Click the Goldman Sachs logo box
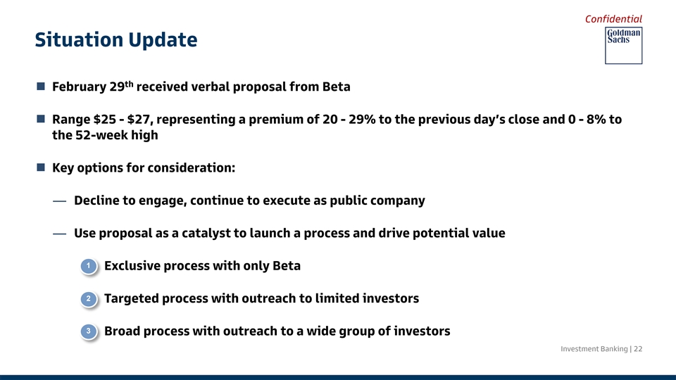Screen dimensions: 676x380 pos(623,46)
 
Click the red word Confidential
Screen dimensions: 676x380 pos(613,19)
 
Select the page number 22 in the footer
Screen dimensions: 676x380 pos(638,348)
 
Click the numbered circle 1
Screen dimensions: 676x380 pos(89,266)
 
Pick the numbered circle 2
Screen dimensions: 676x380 pos(89,298)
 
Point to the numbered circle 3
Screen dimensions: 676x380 pos(89,331)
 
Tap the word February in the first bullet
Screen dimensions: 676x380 pos(79,87)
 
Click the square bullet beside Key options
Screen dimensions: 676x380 pos(41,167)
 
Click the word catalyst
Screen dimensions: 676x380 pos(206,233)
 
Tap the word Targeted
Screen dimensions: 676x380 pos(132,298)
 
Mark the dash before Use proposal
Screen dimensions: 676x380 pos(59,234)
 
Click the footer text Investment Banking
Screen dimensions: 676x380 pos(594,349)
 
